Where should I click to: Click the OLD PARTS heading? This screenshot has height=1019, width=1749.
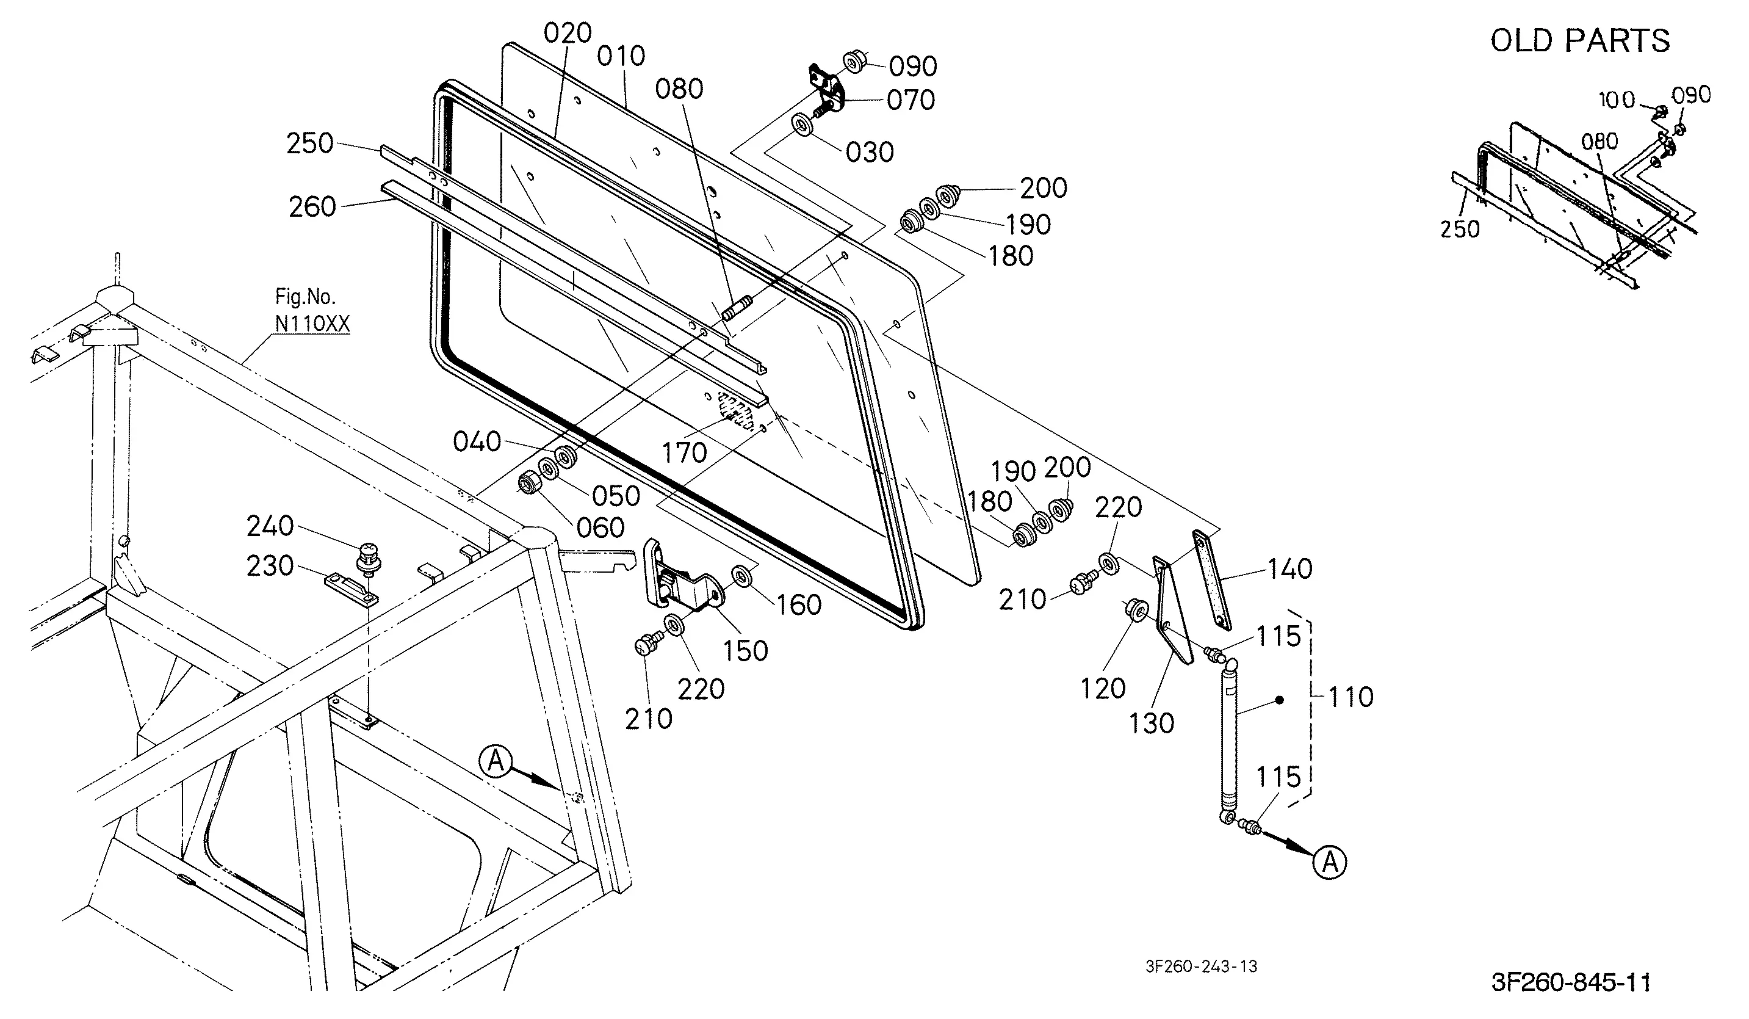(1581, 41)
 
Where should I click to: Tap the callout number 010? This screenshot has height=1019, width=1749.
(621, 56)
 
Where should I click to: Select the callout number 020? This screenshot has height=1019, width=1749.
(568, 32)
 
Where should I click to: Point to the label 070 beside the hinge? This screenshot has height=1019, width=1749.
(911, 101)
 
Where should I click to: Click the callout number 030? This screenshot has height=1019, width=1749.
(870, 152)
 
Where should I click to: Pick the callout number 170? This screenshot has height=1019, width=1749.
(684, 453)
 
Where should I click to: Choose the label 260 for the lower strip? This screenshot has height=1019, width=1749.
(312, 207)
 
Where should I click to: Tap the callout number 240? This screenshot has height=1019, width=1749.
(270, 526)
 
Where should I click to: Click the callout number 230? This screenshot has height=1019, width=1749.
(270, 566)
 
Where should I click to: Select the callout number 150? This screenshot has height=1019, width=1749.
(745, 651)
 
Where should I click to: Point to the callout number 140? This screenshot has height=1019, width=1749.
(1290, 569)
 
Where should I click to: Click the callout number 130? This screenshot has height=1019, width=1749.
(1152, 723)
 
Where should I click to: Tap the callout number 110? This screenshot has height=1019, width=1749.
(1351, 697)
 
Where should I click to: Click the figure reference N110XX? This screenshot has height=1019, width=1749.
(312, 324)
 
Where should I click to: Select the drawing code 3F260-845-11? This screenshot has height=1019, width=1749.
(1571, 982)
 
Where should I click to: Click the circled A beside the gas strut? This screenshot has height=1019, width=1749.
(1330, 862)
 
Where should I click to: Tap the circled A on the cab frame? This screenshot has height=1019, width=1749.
(496, 761)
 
